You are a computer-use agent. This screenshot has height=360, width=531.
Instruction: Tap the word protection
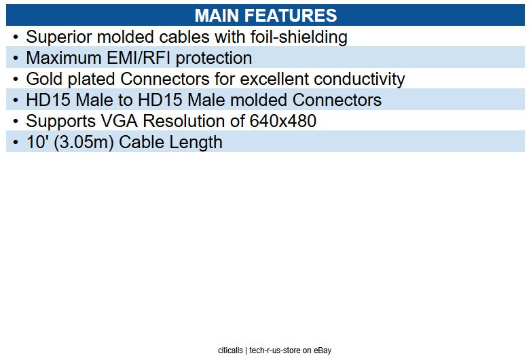218,58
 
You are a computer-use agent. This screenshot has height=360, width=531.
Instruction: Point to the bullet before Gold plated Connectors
15,79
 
